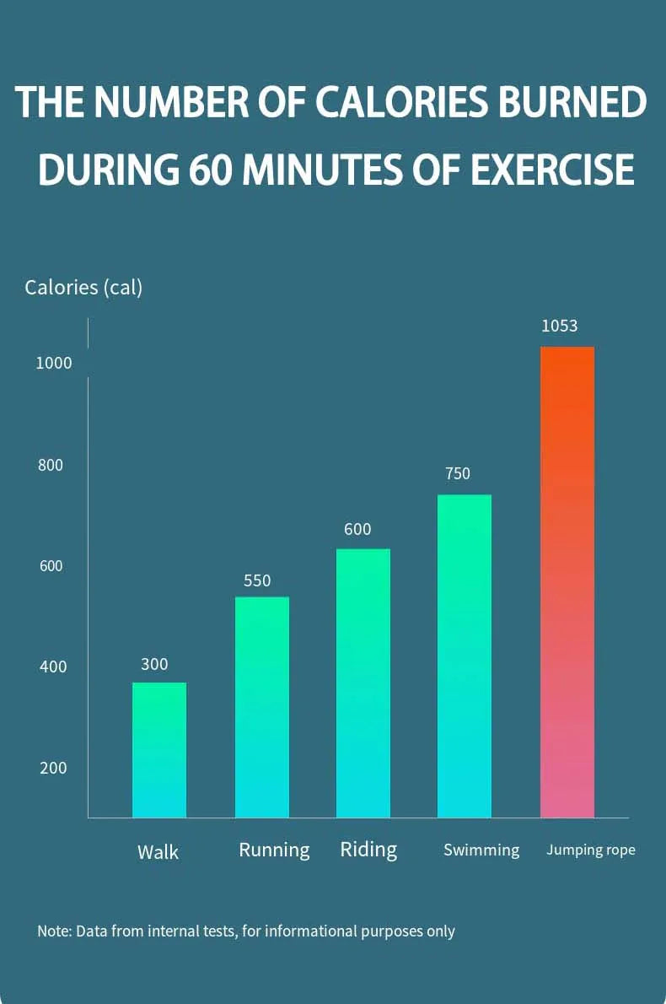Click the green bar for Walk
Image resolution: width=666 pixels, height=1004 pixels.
tap(159, 749)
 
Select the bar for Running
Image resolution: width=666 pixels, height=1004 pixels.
tap(261, 707)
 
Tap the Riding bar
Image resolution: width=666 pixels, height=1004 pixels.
tap(363, 683)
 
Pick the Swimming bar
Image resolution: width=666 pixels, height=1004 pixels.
tap(464, 656)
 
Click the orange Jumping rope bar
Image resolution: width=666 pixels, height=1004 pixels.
tap(567, 582)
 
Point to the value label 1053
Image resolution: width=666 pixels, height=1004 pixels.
tap(559, 326)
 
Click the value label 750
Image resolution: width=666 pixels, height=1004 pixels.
tap(457, 473)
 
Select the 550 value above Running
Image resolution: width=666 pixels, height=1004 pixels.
tap(257, 580)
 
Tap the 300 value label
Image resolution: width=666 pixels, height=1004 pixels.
tap(154, 664)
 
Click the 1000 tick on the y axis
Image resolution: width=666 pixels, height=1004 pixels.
tap(54, 364)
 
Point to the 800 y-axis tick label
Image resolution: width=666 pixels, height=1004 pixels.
tap(51, 465)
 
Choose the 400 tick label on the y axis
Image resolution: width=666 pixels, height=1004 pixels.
tap(52, 667)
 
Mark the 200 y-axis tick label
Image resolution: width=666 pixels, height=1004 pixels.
tap(52, 768)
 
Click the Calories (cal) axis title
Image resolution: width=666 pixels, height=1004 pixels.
tap(83, 287)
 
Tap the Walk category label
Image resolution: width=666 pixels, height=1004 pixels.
tap(158, 851)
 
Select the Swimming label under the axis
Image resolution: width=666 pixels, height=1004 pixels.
tap(481, 850)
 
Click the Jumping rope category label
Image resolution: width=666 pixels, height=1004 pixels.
tap(590, 850)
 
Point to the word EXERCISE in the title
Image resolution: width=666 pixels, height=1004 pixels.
tap(552, 170)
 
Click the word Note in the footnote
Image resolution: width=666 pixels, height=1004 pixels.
tap(52, 931)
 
